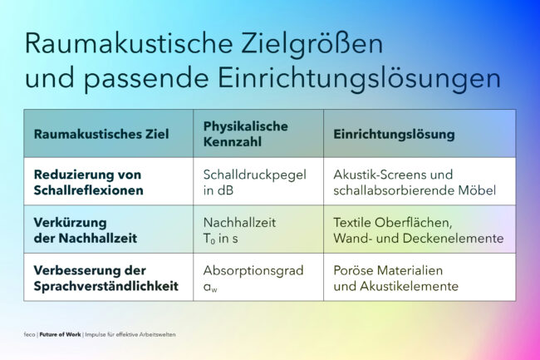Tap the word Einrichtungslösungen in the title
(359, 79)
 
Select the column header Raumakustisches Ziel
(101, 134)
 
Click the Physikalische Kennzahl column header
(246, 134)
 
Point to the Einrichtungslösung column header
(394, 134)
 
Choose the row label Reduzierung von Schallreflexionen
(88, 182)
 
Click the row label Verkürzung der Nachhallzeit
(86, 230)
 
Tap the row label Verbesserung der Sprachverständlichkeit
(106, 278)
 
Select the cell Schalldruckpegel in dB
(254, 182)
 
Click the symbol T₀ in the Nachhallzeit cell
(209, 239)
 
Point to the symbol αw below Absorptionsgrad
(210, 287)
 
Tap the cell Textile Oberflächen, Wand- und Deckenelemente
(419, 230)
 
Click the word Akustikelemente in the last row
(409, 286)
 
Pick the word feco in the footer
(29, 334)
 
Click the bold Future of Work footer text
(60, 334)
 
